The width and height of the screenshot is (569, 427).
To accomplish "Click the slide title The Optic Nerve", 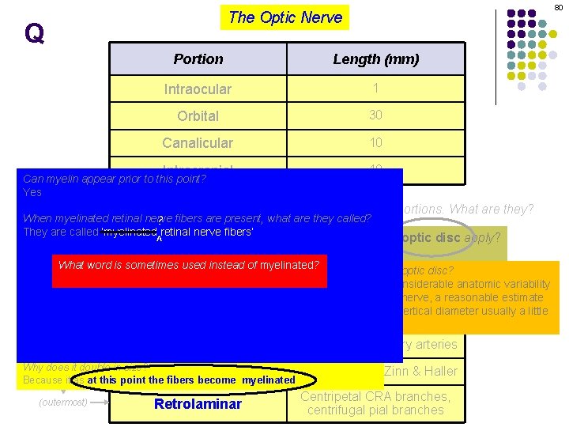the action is (x=285, y=17).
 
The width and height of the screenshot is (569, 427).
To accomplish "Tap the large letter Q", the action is (x=34, y=33).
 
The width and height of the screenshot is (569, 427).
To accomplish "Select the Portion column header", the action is (x=198, y=59).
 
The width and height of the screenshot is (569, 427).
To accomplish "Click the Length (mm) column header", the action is (x=375, y=59).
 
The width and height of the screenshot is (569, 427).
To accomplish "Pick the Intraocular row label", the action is (x=198, y=89).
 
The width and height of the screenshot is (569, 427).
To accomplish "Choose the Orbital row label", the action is (x=198, y=116).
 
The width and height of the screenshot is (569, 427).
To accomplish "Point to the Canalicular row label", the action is (x=198, y=143).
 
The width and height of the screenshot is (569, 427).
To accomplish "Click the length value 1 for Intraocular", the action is (x=375, y=89).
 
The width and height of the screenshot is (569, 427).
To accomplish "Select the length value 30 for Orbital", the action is (x=375, y=115).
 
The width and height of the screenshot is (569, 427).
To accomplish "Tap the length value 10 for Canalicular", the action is (x=375, y=142).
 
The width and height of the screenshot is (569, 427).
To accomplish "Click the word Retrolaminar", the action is (x=198, y=405).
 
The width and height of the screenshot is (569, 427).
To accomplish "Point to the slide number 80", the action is (x=558, y=6).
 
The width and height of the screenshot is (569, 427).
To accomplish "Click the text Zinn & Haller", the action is (x=420, y=371).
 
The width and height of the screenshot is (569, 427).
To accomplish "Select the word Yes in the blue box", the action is (x=32, y=192).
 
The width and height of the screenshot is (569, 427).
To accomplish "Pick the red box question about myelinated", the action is (x=189, y=265).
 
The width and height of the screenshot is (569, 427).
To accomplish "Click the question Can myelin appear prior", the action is (x=115, y=179).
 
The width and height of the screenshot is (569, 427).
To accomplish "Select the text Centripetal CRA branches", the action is (x=375, y=396).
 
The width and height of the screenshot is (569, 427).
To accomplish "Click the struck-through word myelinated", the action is (x=130, y=232).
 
